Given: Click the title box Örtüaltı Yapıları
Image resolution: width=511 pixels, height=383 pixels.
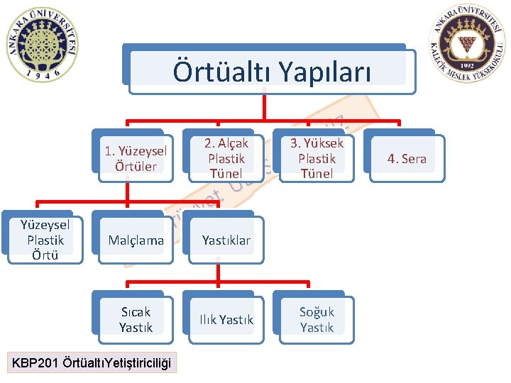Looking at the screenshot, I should click(x=267, y=71).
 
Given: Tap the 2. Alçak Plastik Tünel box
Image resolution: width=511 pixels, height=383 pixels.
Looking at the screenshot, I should click(x=226, y=158).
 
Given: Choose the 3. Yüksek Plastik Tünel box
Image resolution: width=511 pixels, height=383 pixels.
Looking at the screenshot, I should click(x=317, y=158).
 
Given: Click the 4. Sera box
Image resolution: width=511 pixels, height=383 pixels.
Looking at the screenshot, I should click(x=407, y=158).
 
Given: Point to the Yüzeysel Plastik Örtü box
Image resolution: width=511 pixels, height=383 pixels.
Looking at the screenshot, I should click(x=45, y=240).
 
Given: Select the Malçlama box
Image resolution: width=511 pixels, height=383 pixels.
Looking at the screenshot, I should click(x=136, y=240).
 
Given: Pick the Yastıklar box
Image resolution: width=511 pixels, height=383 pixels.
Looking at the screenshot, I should click(x=226, y=240).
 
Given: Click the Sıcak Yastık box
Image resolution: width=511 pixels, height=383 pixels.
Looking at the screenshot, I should click(x=136, y=319).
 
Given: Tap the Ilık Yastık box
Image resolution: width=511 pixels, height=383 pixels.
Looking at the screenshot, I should click(x=226, y=320).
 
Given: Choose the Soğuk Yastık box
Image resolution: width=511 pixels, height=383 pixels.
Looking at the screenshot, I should click(x=317, y=319).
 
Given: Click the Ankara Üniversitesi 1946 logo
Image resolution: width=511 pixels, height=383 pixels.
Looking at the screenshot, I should click(x=42, y=44).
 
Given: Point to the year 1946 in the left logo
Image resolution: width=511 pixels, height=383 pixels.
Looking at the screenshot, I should click(x=42, y=73).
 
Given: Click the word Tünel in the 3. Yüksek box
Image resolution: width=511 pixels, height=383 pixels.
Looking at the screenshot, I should click(x=317, y=174).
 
